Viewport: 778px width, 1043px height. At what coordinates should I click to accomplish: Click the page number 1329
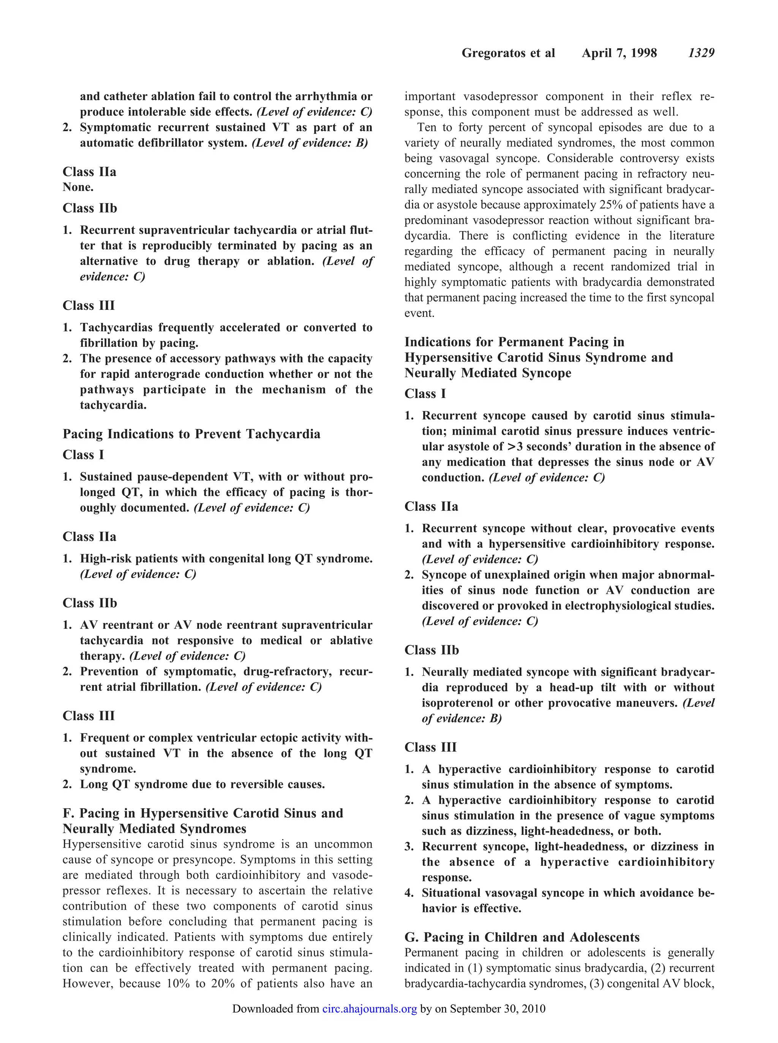tap(701, 53)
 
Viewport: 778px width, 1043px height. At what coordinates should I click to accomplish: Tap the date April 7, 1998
tap(619, 53)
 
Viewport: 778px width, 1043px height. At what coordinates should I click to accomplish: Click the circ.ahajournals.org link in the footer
tap(370, 1008)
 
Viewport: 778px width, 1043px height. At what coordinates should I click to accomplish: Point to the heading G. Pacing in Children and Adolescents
tap(522, 937)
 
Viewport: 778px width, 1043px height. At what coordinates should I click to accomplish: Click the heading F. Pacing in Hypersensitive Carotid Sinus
tap(202, 813)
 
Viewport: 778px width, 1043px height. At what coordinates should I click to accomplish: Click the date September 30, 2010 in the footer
tap(497, 1008)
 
